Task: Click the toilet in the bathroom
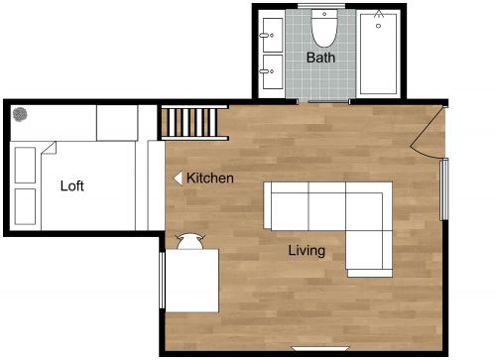point(324,29)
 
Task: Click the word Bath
point(320,58)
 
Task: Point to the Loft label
point(72,185)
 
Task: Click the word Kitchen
point(210,179)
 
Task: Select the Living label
point(307,250)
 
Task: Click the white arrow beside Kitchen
point(179,179)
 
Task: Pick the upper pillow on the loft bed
point(26,164)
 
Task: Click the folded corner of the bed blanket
point(49,149)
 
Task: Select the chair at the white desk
point(189,240)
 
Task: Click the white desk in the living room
point(191,280)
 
